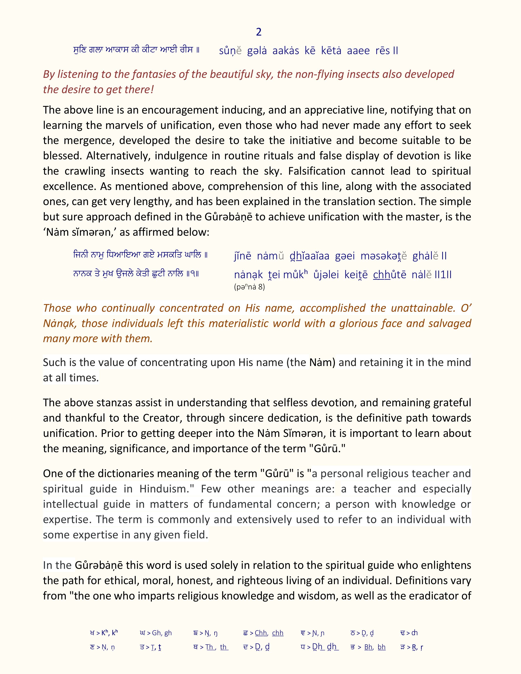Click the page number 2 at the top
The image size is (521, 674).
point(259,32)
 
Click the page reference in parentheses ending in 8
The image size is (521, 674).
point(249,287)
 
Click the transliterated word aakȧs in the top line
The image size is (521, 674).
point(285,51)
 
